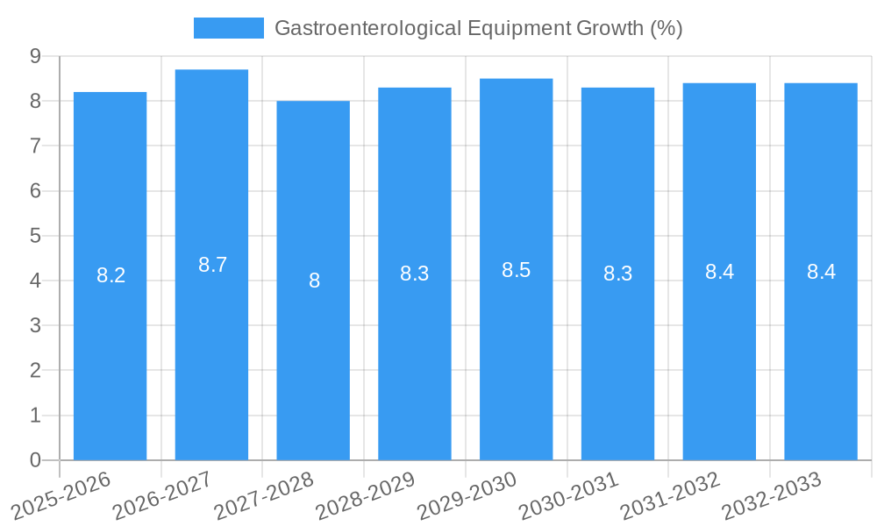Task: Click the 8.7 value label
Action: (212, 265)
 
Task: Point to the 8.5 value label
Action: (516, 270)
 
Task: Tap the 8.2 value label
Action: (111, 275)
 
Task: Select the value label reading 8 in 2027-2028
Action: (314, 281)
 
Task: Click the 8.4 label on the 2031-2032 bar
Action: (719, 272)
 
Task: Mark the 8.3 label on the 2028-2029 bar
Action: (414, 274)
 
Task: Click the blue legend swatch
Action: (228, 28)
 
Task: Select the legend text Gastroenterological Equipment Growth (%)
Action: (478, 28)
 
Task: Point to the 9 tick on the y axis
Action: (35, 56)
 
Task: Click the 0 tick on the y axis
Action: (35, 460)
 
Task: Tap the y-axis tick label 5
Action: (35, 236)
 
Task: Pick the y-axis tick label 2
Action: (35, 371)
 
